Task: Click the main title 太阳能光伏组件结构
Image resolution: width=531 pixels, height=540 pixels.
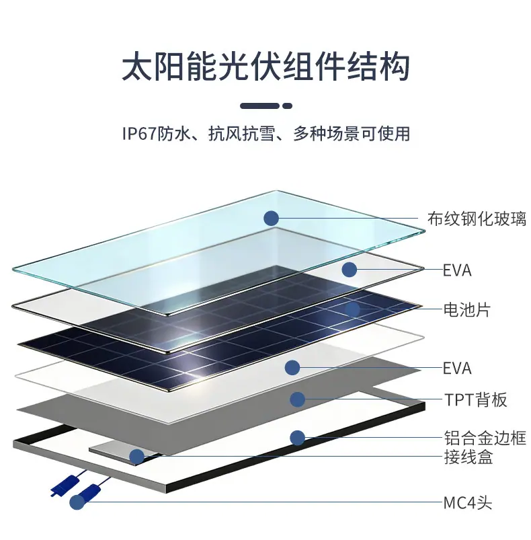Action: click(x=265, y=67)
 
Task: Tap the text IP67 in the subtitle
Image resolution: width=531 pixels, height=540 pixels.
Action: click(x=140, y=133)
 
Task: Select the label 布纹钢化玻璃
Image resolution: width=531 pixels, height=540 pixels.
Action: click(x=477, y=219)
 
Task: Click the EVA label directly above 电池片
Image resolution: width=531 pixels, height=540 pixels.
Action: click(x=456, y=270)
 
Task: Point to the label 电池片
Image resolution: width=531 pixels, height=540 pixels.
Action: click(x=466, y=309)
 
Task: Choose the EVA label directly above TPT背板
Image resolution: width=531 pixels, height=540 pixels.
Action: click(x=456, y=368)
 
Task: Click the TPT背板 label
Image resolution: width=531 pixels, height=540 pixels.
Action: click(x=476, y=400)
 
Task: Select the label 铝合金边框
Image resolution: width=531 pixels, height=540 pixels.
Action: click(x=485, y=438)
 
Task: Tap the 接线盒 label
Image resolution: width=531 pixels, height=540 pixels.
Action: click(x=468, y=457)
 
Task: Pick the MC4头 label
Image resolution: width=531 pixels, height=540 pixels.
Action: click(x=467, y=503)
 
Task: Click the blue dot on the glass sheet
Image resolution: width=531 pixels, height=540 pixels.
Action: click(x=271, y=219)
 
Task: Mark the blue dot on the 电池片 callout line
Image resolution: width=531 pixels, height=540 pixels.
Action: click(x=352, y=309)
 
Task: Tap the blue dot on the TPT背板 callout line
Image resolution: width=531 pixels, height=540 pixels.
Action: click(x=297, y=399)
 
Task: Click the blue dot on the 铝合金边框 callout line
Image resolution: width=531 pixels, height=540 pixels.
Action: click(x=297, y=438)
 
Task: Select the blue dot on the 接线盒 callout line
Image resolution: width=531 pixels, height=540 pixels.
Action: click(x=136, y=457)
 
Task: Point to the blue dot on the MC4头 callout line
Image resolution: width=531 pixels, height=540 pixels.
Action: click(x=77, y=502)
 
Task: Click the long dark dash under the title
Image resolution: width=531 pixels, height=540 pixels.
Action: click(x=260, y=106)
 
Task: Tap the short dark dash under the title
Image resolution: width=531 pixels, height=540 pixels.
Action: click(x=288, y=106)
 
